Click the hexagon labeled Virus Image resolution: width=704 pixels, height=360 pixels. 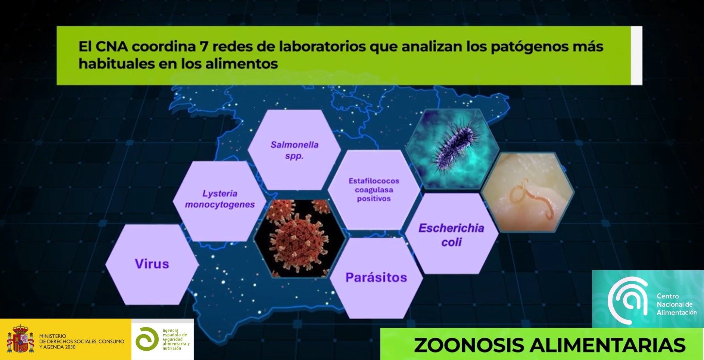(x=152, y=264)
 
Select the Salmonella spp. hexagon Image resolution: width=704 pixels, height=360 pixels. (x=294, y=150)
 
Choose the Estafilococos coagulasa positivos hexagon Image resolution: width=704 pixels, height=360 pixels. (x=374, y=190)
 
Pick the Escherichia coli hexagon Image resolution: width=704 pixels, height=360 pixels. (x=451, y=235)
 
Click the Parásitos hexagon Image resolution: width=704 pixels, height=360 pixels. (x=376, y=278)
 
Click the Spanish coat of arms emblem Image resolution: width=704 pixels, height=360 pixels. (x=20, y=339)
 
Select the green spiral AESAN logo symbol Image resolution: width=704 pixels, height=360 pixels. (x=147, y=339)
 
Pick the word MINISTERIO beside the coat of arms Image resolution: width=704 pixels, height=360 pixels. (x=53, y=336)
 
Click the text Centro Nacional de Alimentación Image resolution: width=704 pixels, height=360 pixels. (x=676, y=304)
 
